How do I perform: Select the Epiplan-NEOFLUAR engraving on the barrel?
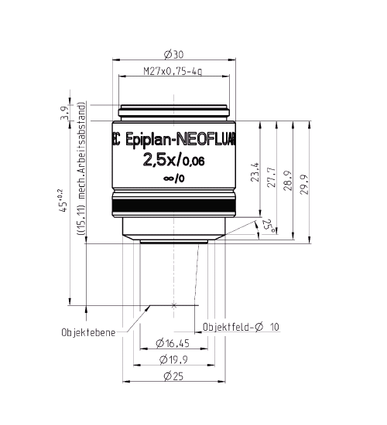click(178, 141)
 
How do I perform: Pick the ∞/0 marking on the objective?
click(174, 180)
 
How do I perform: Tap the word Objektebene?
click(89, 333)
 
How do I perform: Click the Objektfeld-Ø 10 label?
click(240, 326)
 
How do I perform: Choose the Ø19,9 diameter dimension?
click(173, 360)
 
